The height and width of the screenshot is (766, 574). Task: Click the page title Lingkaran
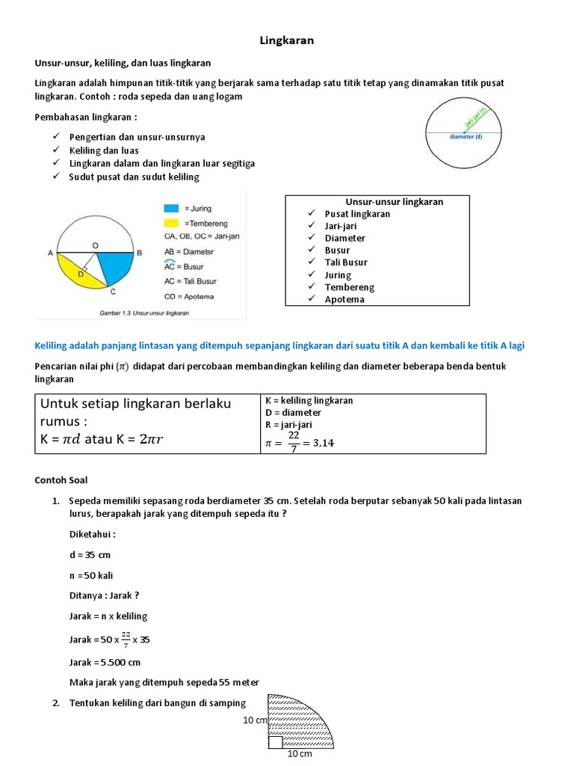click(286, 41)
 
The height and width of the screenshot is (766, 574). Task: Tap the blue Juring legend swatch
click(171, 208)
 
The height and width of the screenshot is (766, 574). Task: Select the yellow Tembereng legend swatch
click(171, 223)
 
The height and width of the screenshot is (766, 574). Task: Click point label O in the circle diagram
click(95, 245)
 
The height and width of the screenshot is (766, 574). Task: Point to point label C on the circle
click(112, 293)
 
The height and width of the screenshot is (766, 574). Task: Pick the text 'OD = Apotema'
click(188, 296)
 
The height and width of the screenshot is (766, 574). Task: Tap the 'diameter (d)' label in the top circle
click(466, 137)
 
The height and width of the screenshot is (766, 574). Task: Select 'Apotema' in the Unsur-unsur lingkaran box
click(345, 299)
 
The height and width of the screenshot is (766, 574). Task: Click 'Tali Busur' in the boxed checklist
click(346, 263)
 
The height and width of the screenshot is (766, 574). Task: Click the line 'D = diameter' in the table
click(294, 412)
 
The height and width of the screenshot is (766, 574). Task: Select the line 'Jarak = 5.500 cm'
click(105, 662)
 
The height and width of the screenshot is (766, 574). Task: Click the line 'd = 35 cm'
click(90, 555)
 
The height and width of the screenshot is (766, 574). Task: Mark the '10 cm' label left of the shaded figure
click(255, 720)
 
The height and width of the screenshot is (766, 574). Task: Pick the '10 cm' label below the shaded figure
click(299, 754)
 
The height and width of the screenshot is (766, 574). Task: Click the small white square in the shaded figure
click(275, 741)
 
